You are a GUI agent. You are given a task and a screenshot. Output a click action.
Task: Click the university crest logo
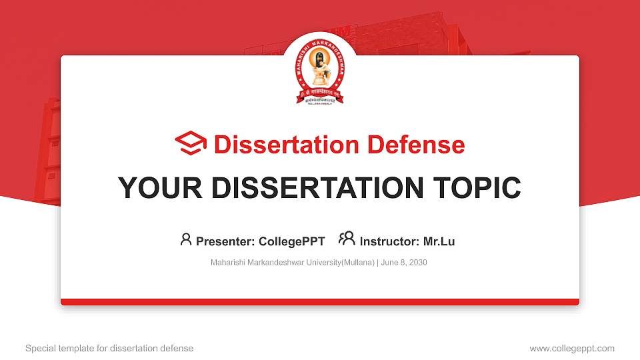point(320,75)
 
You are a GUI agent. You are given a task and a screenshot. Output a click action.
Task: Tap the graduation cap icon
point(191,144)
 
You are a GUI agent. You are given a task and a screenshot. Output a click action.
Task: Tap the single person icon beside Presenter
point(186,239)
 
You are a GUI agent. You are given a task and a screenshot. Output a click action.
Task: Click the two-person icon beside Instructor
point(347,239)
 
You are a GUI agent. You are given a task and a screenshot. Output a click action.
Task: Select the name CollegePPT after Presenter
point(292,241)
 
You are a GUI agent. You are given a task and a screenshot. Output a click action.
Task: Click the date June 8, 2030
point(404,263)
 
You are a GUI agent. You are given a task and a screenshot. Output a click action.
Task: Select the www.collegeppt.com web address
point(572,348)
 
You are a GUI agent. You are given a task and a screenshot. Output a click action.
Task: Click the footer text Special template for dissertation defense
point(109,348)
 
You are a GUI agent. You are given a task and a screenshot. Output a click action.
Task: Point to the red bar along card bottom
point(320,302)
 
